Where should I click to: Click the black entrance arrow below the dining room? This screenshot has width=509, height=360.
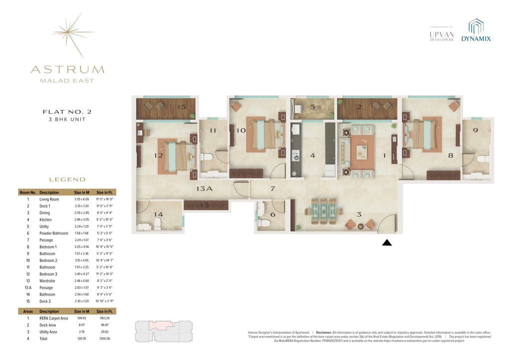click(x=387, y=243)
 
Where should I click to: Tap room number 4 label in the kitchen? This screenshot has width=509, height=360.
click(x=312, y=155)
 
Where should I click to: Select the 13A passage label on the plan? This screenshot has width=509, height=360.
click(x=204, y=189)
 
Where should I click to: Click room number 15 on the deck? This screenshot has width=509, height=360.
click(x=181, y=107)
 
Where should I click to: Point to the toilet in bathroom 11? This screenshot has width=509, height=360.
click(x=208, y=157)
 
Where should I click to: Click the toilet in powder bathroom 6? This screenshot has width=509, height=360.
click(x=264, y=223)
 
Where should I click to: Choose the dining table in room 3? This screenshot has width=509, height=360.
click(x=324, y=211)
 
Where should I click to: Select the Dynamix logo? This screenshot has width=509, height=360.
click(x=476, y=31)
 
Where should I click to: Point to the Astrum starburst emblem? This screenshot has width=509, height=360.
click(x=73, y=35)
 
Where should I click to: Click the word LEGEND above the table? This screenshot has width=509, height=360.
click(x=67, y=180)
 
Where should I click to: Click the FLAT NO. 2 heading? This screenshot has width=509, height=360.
click(x=67, y=112)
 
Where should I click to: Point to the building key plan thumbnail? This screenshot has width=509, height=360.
click(x=164, y=330)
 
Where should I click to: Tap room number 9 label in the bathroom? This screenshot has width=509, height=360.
click(x=475, y=130)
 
